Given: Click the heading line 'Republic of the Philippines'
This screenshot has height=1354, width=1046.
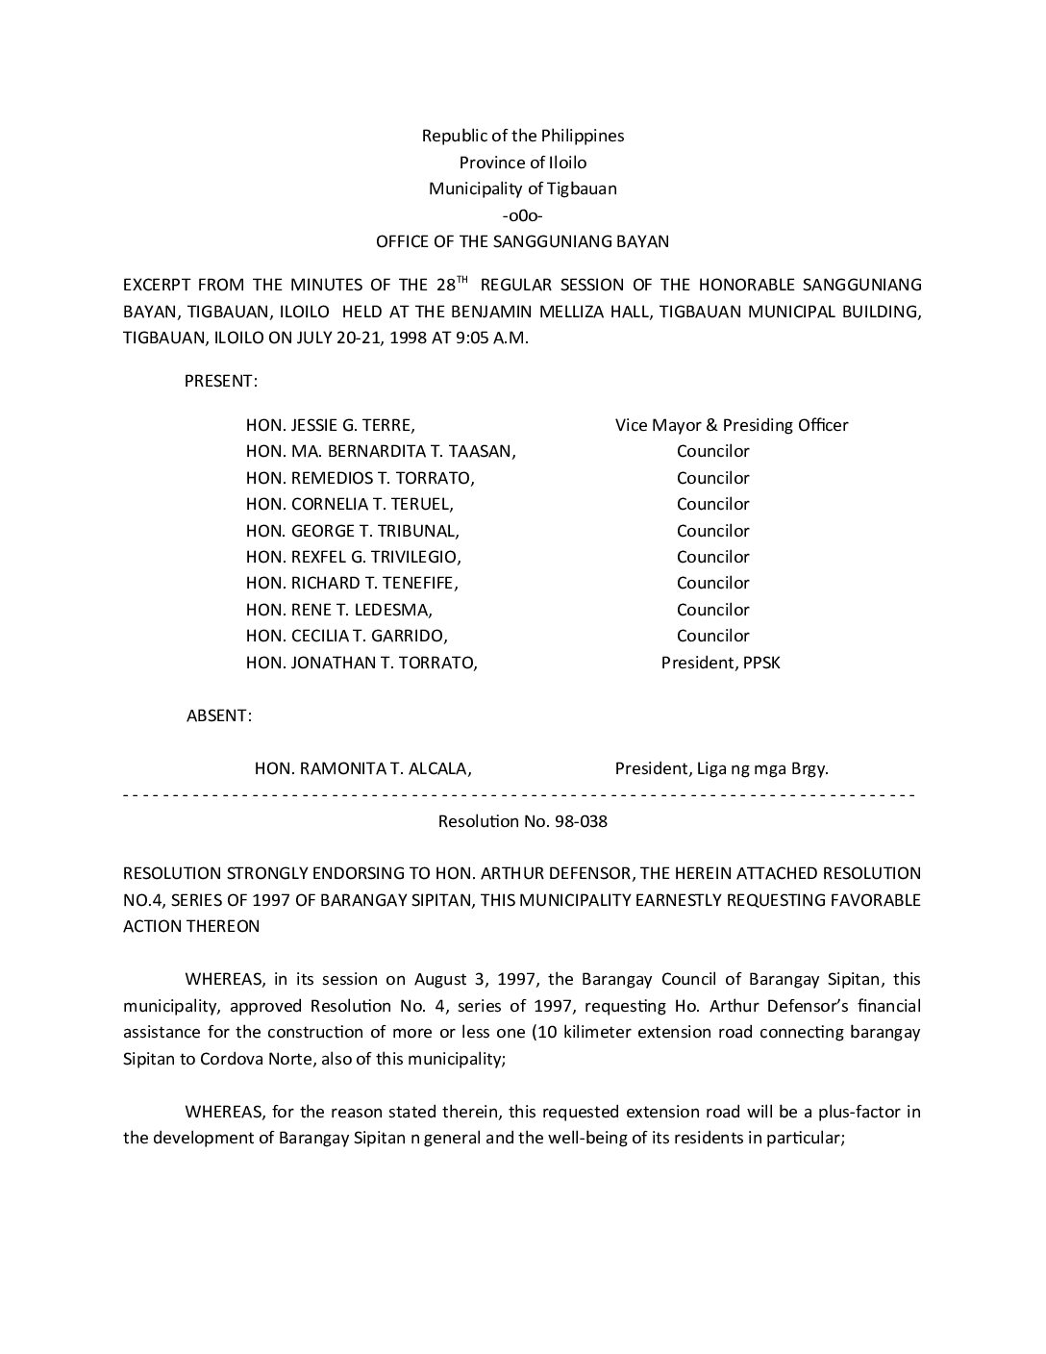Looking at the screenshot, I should [523, 136].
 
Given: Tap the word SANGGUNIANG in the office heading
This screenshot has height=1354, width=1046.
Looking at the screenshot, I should [576, 241].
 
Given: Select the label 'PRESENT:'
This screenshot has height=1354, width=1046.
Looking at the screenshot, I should [221, 381].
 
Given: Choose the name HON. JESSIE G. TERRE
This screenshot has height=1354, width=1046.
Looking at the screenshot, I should [331, 425].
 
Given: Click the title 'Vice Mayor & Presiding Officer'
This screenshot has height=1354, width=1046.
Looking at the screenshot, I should [732, 425].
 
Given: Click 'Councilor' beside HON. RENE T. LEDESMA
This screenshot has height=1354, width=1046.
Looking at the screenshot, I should [712, 610].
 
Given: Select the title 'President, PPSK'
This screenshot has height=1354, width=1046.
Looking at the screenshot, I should [721, 663].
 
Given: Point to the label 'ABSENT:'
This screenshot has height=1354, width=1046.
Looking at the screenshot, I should [219, 715].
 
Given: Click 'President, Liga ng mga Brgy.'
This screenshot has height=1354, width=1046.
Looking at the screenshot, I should [722, 768].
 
